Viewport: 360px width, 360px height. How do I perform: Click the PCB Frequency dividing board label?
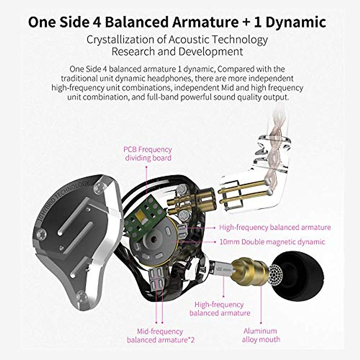pos(148,154)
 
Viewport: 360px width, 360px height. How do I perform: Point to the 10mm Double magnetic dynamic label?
pos(272,242)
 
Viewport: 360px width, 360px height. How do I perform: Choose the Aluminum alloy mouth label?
pos(261,335)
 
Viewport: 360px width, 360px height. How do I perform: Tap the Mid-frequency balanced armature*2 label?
pos(160,336)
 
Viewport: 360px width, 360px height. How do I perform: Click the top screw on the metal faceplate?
pos(98,187)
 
